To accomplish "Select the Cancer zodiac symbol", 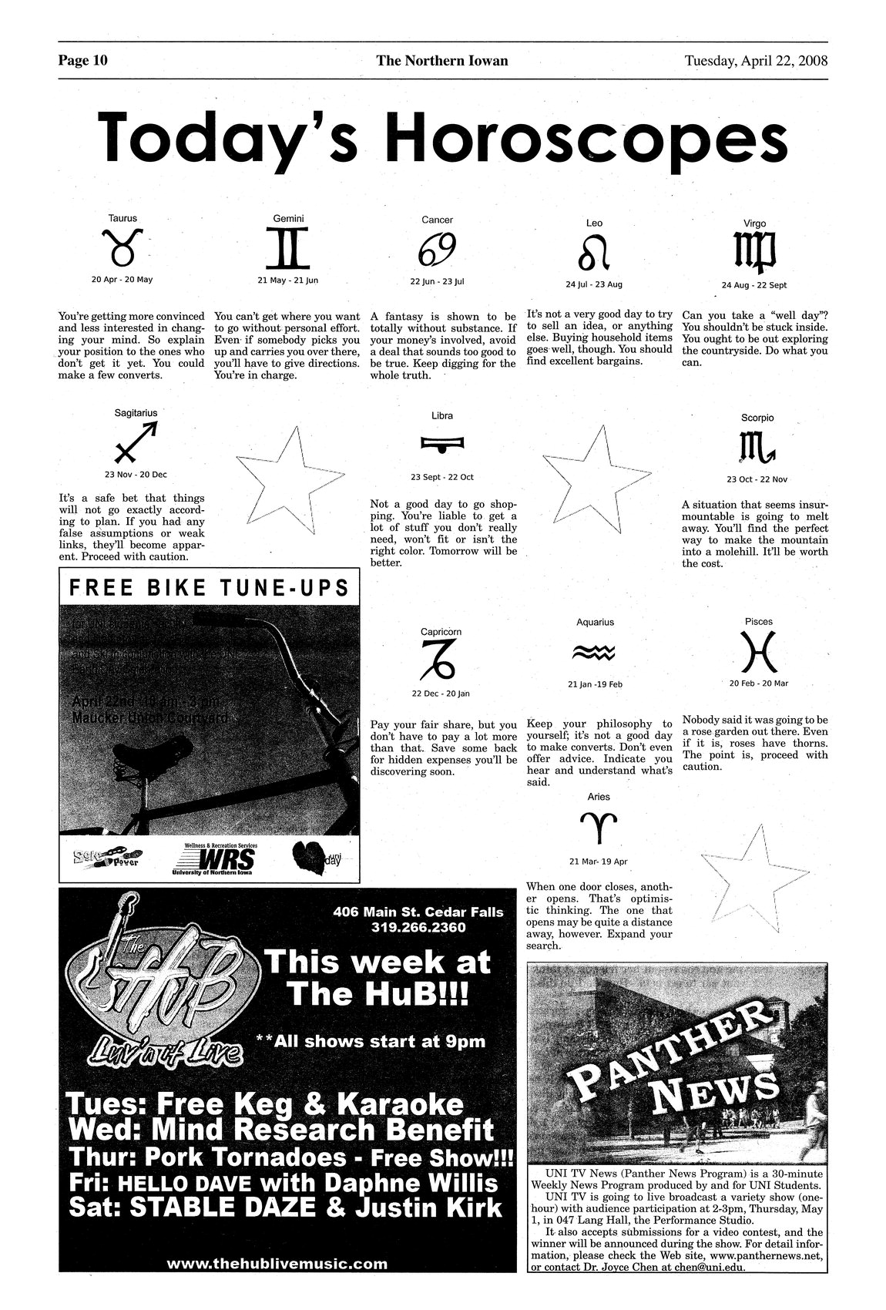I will click(x=437, y=249).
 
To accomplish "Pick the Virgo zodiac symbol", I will click(x=754, y=253).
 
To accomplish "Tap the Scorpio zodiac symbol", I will click(x=757, y=447).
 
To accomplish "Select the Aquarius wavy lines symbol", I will click(x=594, y=653).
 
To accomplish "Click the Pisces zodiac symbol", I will click(x=758, y=653).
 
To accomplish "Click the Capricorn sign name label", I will click(x=441, y=632).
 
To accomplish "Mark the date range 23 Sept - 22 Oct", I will click(x=441, y=477).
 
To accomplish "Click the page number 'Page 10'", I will click(x=82, y=60).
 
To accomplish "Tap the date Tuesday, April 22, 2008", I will click(x=755, y=60).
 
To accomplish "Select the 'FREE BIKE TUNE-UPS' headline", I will click(x=209, y=589).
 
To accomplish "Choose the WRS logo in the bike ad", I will click(x=215, y=858).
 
